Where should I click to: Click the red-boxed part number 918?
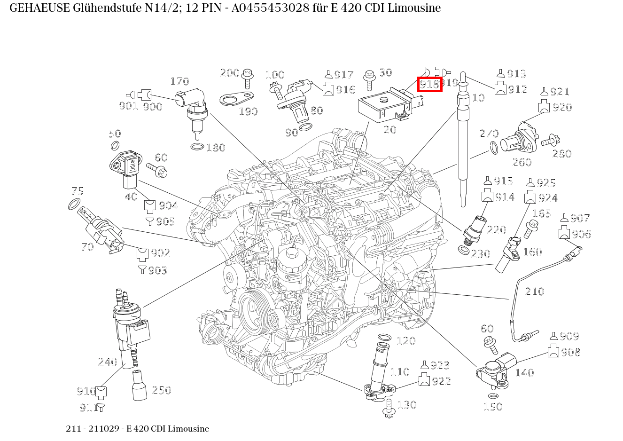pos(429,84)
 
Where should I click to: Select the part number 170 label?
pos(179,82)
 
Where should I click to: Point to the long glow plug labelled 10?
pos(463,141)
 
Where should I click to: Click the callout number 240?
pos(108,362)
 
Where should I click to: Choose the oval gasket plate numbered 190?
pos(236,99)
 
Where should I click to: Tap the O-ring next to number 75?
pos(74,205)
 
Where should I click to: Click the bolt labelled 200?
pos(248,78)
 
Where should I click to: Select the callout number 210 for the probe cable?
pos(534,291)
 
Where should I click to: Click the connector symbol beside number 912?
pos(500,88)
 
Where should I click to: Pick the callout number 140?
pos(524,373)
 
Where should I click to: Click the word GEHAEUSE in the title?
pos(40,8)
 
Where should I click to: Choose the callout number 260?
pos(522,162)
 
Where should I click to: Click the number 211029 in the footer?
pos(105,429)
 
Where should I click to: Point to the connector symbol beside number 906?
pos(564,233)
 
